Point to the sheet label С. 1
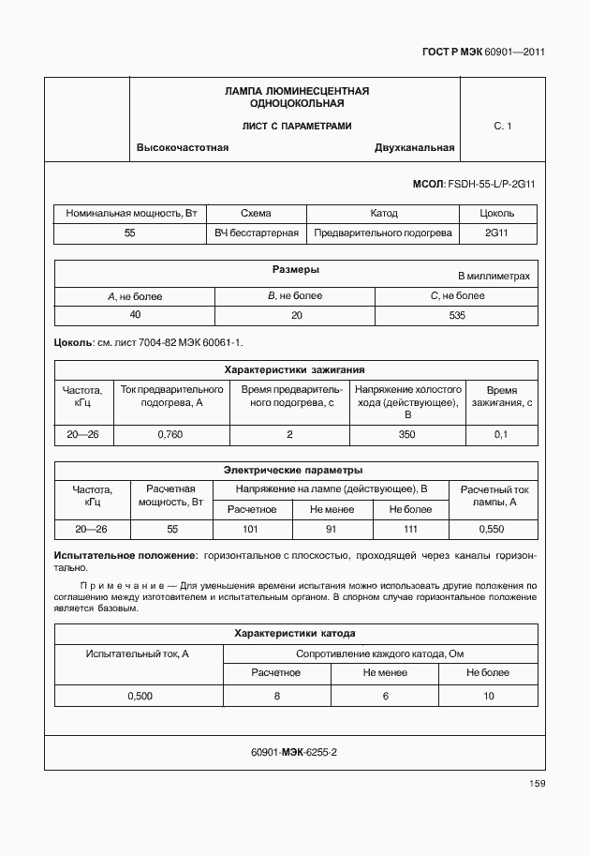pyautogui.click(x=503, y=126)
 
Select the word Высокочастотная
pyautogui.click(x=183, y=147)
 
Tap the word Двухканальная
pyautogui.click(x=414, y=147)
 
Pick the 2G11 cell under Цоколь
pyautogui.click(x=497, y=233)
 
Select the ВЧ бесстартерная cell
pyautogui.click(x=256, y=233)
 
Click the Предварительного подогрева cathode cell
pyautogui.click(x=383, y=233)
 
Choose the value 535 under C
pyautogui.click(x=457, y=316)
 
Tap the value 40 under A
pyautogui.click(x=135, y=316)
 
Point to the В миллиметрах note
pyautogui.click(x=494, y=277)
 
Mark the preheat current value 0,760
pyautogui.click(x=170, y=434)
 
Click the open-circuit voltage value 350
pyautogui.click(x=406, y=434)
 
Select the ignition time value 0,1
pyautogui.click(x=500, y=434)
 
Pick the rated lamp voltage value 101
pyautogui.click(x=250, y=530)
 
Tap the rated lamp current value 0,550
pyautogui.click(x=491, y=530)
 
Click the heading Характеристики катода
pyautogui.click(x=294, y=634)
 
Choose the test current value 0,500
pyautogui.click(x=138, y=696)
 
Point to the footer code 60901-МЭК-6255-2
pyautogui.click(x=294, y=752)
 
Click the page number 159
pyautogui.click(x=536, y=784)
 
